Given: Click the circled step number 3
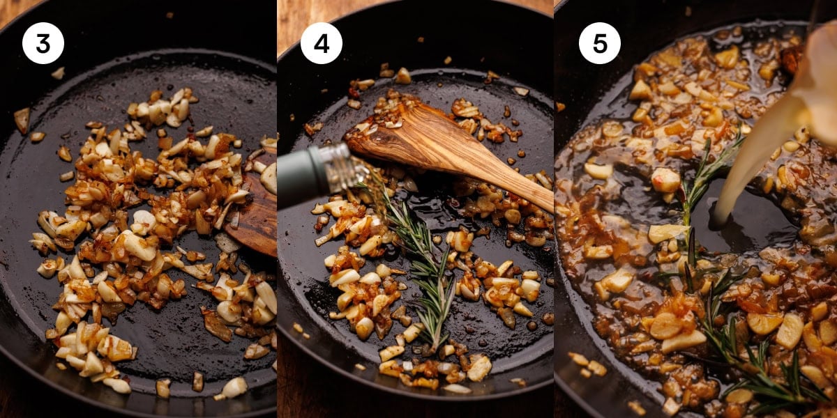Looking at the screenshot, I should pos(43,43).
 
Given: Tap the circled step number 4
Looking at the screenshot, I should pos(321,43).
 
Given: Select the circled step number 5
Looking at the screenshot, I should pos(599,43).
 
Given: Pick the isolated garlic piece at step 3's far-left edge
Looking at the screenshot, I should pos(22,120).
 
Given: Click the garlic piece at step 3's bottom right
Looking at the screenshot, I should pos(234,387).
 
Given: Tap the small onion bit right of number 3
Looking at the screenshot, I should pos(58,72).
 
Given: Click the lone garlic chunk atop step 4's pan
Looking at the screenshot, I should pos(402,75).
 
